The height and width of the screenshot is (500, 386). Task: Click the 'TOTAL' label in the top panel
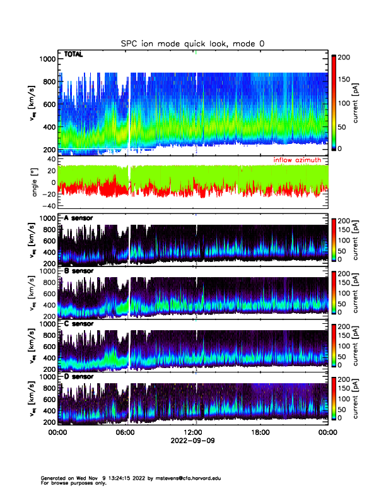[x=74, y=56]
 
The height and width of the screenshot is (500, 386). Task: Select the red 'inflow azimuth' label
[x=300, y=161]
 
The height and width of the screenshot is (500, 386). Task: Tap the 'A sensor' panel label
[x=79, y=218]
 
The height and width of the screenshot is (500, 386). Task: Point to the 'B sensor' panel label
[x=79, y=271]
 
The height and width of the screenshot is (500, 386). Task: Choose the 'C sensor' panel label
[x=79, y=324]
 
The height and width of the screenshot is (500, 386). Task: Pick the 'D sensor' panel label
[x=79, y=376]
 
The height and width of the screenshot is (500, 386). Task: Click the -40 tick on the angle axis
[x=49, y=206]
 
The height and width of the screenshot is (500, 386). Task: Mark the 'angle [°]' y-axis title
[x=35, y=183]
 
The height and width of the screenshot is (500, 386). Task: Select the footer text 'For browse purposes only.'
[x=73, y=483]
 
